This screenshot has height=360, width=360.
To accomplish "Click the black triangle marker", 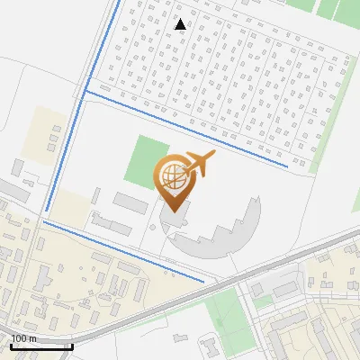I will click(181, 23).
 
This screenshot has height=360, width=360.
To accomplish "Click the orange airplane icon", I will click(200, 164).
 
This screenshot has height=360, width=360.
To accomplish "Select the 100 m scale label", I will click(23, 338).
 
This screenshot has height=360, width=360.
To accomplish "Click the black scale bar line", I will click(41, 346).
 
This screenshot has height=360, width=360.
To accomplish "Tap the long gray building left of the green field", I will click(128, 202).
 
